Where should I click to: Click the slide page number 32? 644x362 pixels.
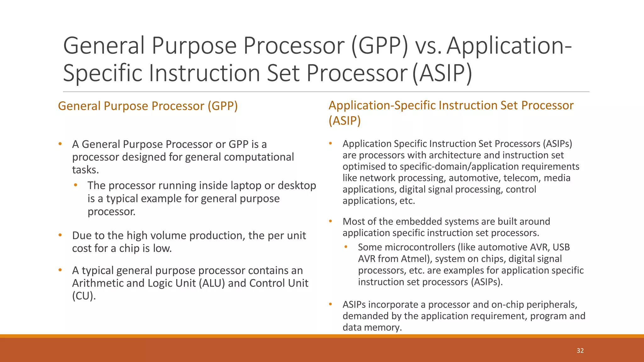(x=580, y=351)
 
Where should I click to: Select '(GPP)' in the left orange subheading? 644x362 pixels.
(x=222, y=106)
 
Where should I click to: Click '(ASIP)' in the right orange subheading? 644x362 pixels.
(x=345, y=121)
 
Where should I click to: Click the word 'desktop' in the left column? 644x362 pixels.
(x=297, y=185)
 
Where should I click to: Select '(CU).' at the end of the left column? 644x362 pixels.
(x=84, y=296)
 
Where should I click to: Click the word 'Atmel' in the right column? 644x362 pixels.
(x=414, y=259)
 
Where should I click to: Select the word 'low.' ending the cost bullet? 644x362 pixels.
(x=162, y=249)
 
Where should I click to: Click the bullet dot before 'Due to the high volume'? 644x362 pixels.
(x=60, y=235)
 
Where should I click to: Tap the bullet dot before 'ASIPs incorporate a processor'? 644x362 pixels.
(x=330, y=304)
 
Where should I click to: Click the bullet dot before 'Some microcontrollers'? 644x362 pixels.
(x=346, y=247)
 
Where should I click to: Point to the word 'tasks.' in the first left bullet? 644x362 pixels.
(x=86, y=170)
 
